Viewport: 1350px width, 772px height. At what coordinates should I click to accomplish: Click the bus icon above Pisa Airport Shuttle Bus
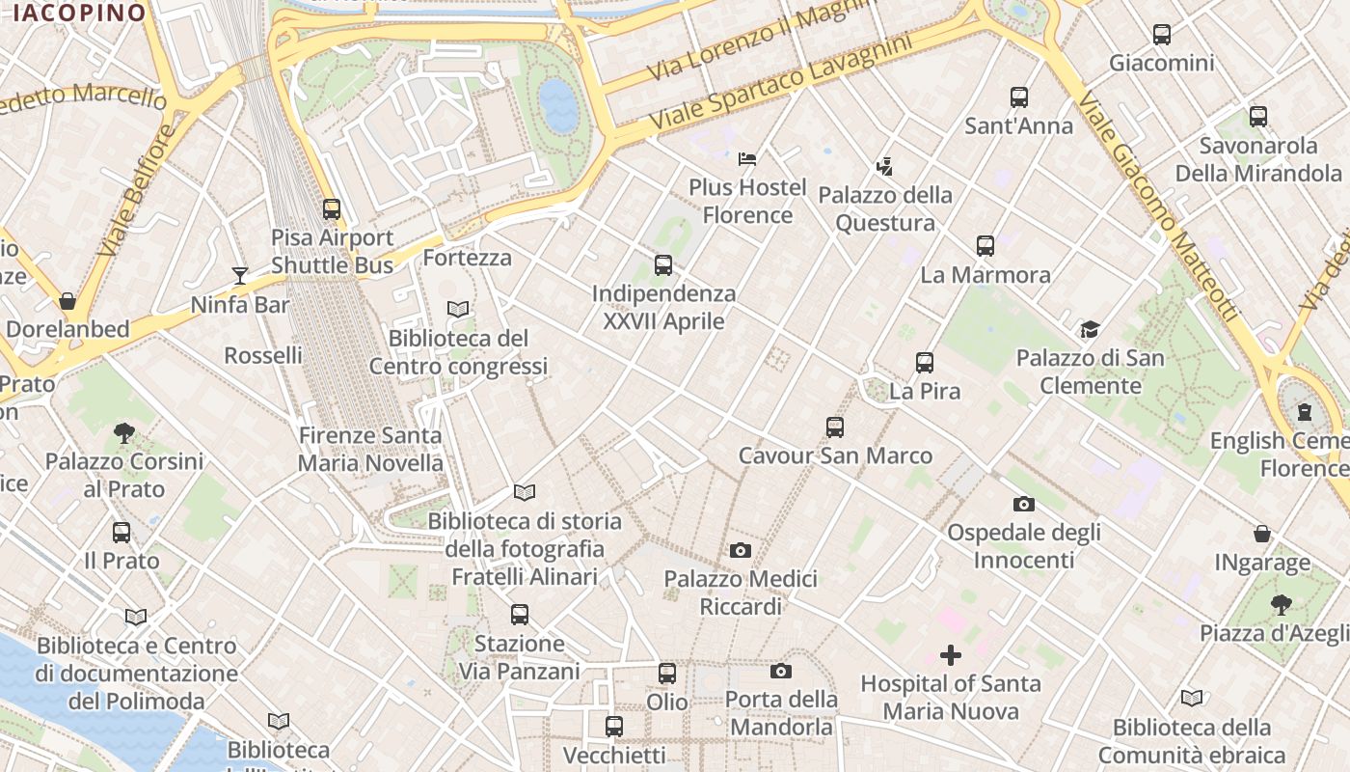(332, 208)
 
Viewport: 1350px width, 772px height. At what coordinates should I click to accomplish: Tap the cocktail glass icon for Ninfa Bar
(240, 276)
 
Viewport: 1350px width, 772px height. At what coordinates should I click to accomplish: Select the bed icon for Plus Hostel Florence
(747, 158)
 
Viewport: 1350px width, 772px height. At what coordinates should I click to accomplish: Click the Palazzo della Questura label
(885, 208)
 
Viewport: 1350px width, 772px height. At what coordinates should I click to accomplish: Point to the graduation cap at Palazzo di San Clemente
(1090, 330)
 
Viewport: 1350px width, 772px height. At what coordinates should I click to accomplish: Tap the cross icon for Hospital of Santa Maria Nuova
(951, 655)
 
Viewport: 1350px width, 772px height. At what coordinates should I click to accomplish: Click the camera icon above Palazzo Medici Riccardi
(741, 550)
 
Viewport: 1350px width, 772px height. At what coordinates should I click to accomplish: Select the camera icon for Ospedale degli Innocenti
(1024, 504)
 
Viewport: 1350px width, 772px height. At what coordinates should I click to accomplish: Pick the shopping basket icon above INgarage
(1261, 534)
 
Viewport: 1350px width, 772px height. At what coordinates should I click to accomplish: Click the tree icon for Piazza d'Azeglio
(1281, 605)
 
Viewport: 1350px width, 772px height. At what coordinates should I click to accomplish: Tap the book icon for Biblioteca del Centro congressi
(458, 309)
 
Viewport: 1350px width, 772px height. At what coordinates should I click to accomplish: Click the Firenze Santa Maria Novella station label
(370, 449)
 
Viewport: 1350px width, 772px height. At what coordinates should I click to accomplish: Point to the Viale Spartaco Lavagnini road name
(781, 85)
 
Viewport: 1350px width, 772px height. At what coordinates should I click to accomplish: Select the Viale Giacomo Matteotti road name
(1157, 207)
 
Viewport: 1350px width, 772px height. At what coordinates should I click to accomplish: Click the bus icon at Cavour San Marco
(835, 427)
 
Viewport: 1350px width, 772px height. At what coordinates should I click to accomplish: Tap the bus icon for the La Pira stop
(925, 363)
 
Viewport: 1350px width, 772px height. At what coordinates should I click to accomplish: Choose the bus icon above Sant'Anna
(1019, 97)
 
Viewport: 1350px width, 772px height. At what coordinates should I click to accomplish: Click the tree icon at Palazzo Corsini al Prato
(123, 432)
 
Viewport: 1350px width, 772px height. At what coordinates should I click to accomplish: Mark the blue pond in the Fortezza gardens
(558, 105)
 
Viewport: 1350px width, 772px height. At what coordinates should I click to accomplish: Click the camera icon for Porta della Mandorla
(781, 671)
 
